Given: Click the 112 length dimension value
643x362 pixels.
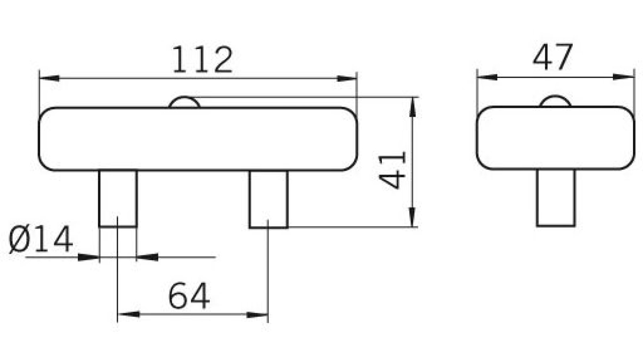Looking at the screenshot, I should [203, 60].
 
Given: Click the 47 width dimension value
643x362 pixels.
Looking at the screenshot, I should [552, 58].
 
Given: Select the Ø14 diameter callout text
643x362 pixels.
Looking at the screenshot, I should [41, 240].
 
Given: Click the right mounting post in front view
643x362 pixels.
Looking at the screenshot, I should [268, 199].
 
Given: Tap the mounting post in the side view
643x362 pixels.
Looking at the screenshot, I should [556, 197].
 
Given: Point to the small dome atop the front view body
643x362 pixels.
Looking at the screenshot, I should [184, 102].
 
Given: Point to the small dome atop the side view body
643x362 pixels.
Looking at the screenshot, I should [555, 101].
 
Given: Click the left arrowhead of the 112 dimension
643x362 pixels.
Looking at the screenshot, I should [49, 78].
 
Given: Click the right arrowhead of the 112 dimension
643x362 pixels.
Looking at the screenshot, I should [347, 78].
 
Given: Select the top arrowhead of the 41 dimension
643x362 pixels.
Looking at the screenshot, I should [412, 108].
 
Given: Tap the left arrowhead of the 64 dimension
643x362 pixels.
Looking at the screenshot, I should [128, 314].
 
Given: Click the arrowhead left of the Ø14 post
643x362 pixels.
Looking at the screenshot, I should [88, 257].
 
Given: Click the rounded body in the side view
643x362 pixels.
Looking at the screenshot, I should [555, 138].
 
